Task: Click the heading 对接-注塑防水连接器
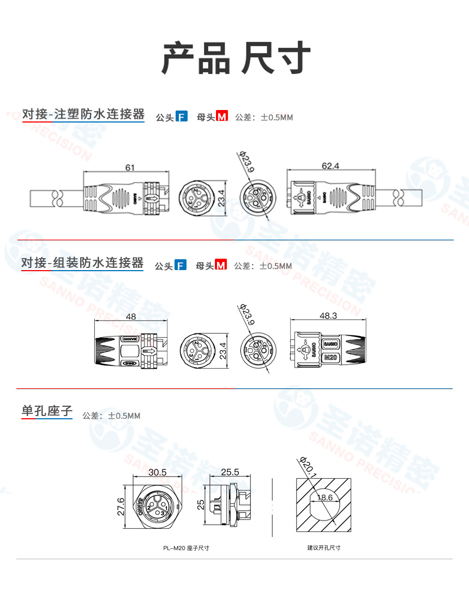click(x=83, y=114)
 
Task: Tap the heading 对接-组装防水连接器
click(x=82, y=264)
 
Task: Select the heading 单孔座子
click(x=47, y=411)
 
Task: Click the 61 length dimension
click(x=130, y=168)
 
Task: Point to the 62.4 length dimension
click(x=330, y=166)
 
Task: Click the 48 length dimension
click(x=130, y=317)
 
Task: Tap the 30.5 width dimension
click(x=157, y=472)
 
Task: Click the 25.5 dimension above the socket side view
click(x=230, y=472)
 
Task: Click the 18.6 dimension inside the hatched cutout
click(x=324, y=498)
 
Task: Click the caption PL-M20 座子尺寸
click(x=186, y=548)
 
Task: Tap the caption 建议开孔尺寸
click(x=323, y=548)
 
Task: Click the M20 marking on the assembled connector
click(x=330, y=358)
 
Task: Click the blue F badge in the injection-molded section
click(x=182, y=117)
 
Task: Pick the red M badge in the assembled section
click(x=220, y=266)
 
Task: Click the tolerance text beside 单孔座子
click(x=111, y=416)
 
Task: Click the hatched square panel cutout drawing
click(x=323, y=505)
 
